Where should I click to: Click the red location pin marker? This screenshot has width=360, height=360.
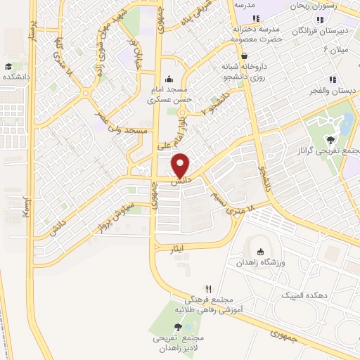click(x=181, y=166)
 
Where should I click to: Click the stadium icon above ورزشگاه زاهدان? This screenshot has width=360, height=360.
click(x=261, y=252)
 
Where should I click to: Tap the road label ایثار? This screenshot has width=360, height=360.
click(x=178, y=248)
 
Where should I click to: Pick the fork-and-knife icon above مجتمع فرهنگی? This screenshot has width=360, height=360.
click(x=208, y=288)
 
